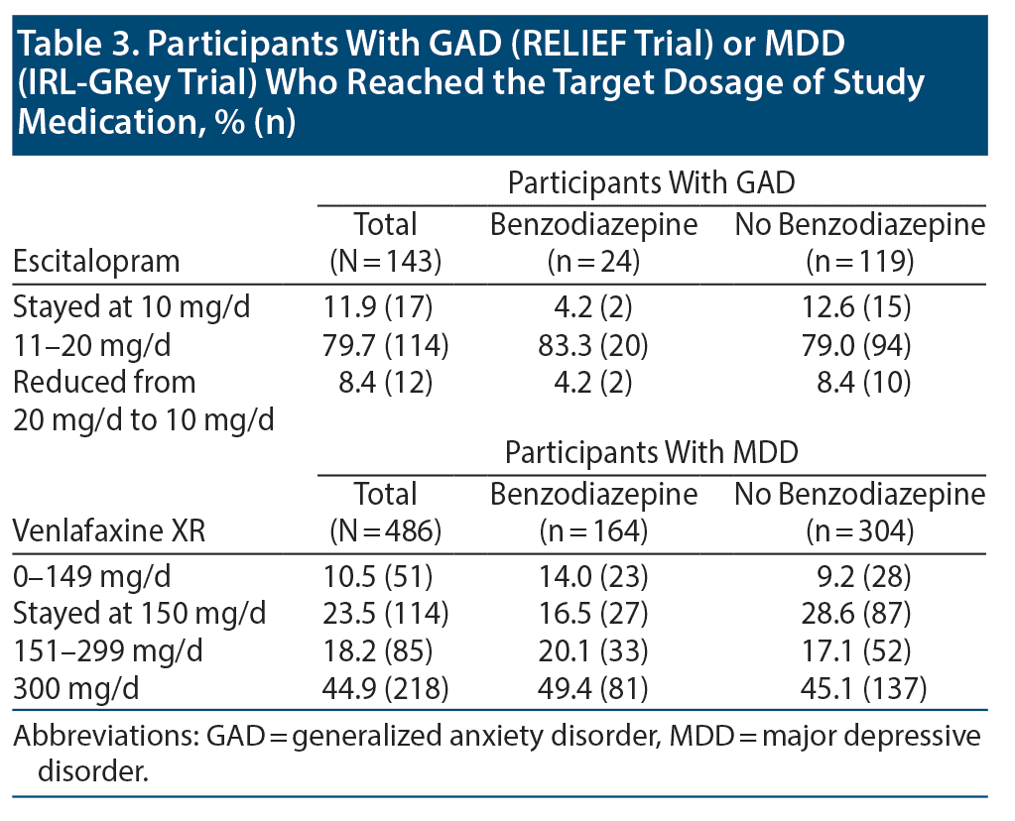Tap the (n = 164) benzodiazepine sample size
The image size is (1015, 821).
pos(593,532)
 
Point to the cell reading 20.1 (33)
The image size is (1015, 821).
pos(593,650)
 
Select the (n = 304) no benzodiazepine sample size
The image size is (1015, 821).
pos(859,532)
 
